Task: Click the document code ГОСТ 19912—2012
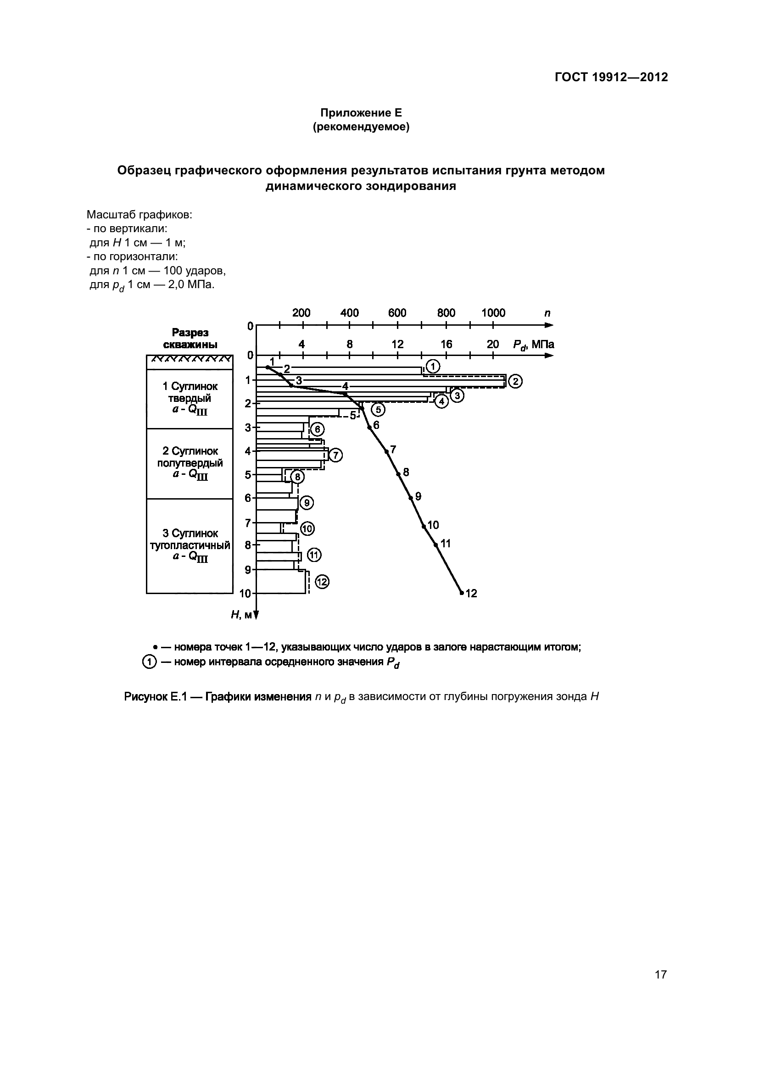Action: pos(611,77)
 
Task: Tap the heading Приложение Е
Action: pos(361,113)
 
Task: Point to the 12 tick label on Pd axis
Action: pos(397,345)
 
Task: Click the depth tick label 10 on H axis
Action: pos(246,594)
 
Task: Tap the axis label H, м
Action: pos(241,615)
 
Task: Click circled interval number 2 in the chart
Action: pos(515,382)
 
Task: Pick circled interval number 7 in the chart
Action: pos(335,455)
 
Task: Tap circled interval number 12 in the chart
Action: pos(322,582)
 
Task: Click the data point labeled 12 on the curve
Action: pos(462,593)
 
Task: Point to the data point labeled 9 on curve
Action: pos(411,498)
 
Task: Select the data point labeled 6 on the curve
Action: pos(369,427)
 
